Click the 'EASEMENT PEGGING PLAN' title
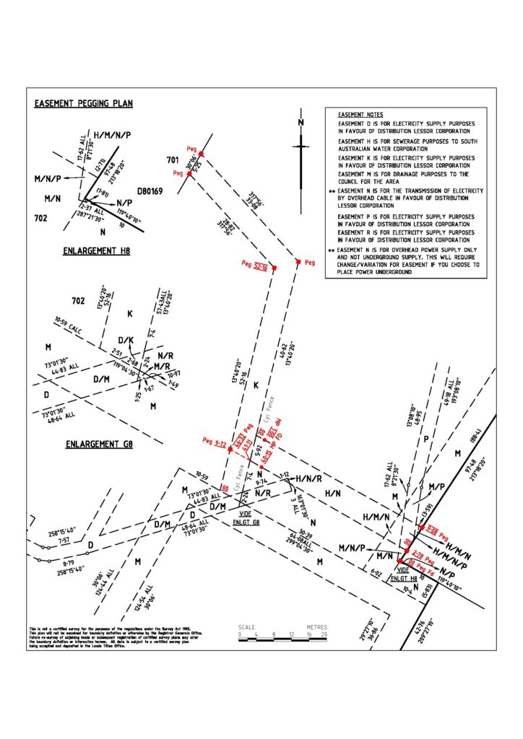pos(84,104)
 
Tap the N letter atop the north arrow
pos(300,122)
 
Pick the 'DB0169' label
pos(150,193)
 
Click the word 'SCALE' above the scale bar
pos(246,627)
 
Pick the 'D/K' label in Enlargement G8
pos(126,340)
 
